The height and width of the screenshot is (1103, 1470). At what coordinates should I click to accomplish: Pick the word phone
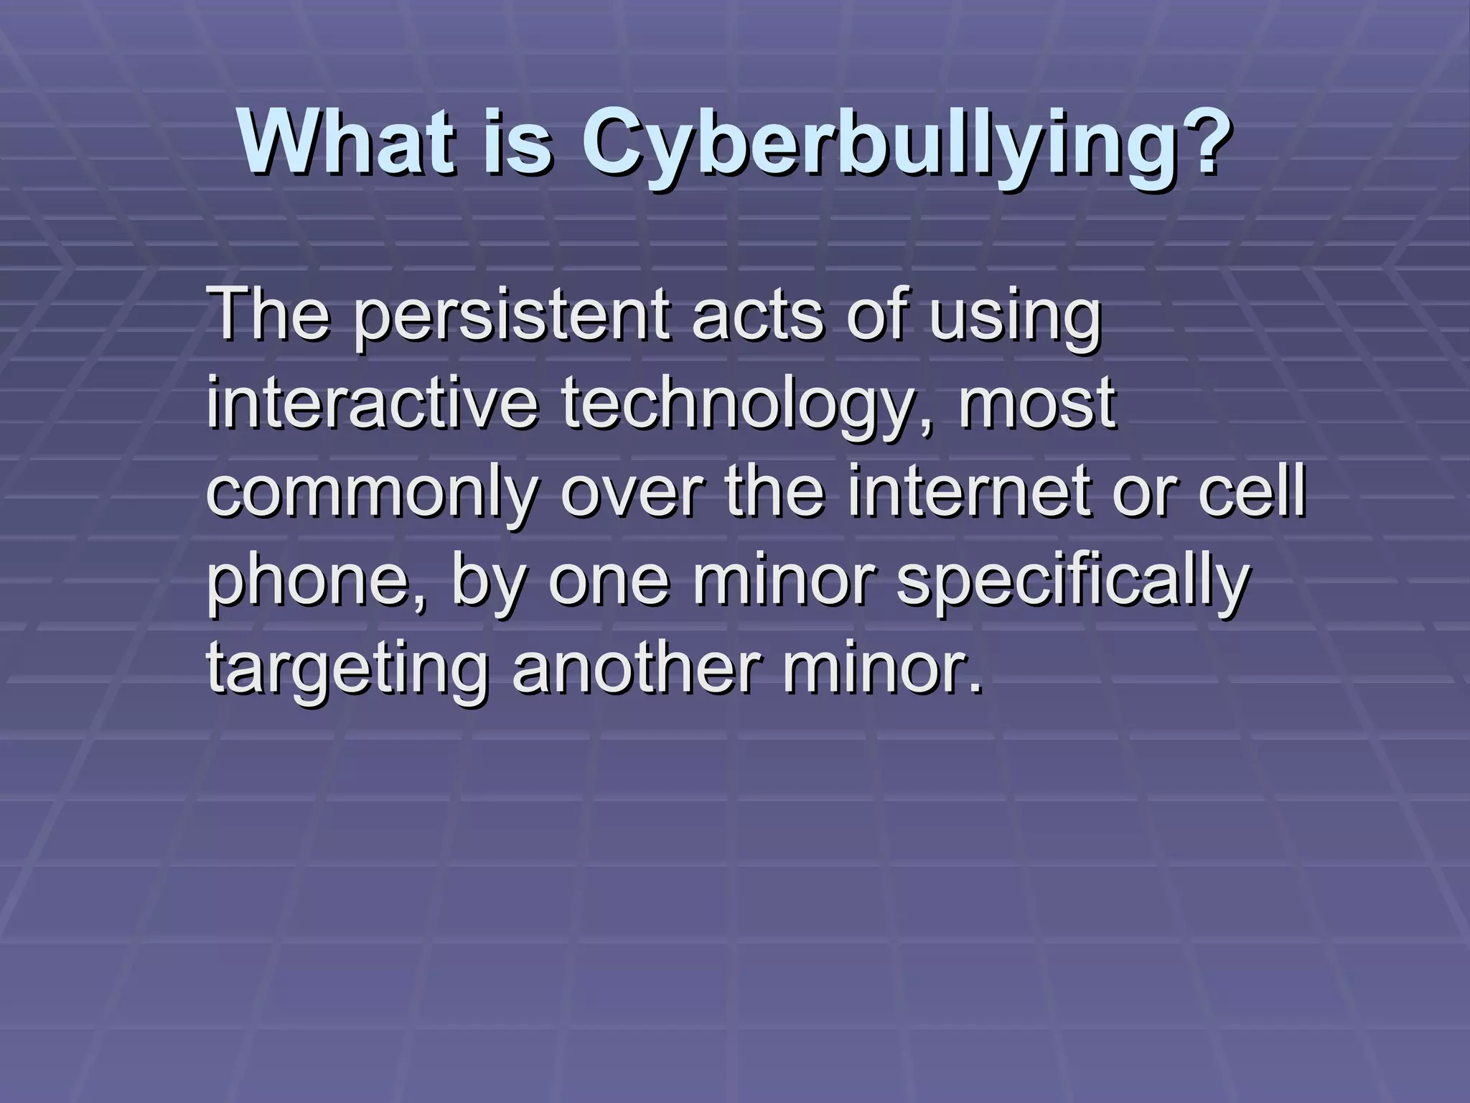coord(316,583)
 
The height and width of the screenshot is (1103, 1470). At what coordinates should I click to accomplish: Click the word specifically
coord(1072,583)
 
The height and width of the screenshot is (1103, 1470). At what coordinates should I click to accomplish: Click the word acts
coord(757,317)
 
